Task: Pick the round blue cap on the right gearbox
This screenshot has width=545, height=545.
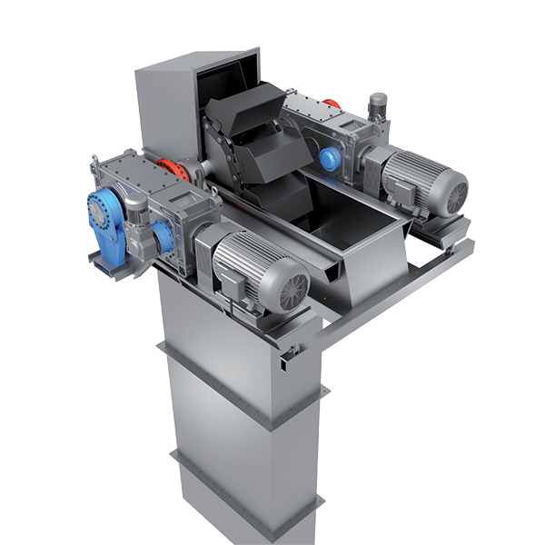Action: pyautogui.click(x=328, y=160)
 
